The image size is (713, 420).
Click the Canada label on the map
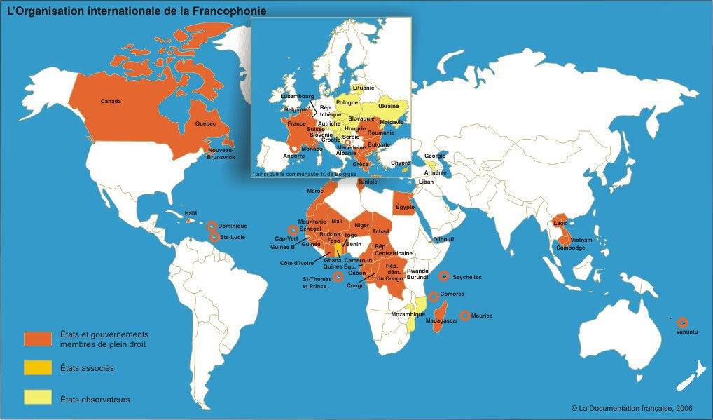tap(111, 101)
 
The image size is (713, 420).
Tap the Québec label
tap(205, 123)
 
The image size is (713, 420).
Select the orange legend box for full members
tap(38, 339)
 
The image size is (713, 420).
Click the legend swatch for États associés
tap(38, 367)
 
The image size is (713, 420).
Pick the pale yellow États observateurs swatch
tap(38, 398)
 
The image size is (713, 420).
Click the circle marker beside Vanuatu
tap(682, 323)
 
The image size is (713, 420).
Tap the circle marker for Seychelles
tap(443, 277)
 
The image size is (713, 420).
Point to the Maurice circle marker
tap(464, 316)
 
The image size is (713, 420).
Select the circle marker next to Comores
tap(434, 296)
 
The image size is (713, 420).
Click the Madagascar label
tap(441, 320)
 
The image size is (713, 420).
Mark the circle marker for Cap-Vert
tap(293, 229)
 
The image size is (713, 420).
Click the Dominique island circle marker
tap(212, 226)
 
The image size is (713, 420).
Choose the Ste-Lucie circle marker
tap(213, 237)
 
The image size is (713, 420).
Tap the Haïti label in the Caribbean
tap(191, 213)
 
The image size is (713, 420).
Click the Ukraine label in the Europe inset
tap(388, 106)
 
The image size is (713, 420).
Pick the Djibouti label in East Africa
tap(443, 239)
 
